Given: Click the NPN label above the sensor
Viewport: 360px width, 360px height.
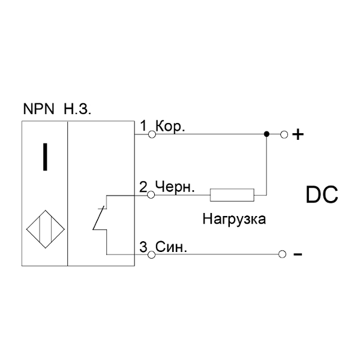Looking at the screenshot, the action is point(38,109).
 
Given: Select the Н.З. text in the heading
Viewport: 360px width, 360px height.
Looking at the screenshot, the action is point(77,109).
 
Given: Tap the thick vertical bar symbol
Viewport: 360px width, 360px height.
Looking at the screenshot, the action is point(45,157).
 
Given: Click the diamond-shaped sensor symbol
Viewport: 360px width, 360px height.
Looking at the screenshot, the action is point(45,229).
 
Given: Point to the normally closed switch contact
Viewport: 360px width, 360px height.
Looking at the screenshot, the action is point(99,218).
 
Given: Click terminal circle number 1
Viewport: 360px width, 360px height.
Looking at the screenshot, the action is point(152,134).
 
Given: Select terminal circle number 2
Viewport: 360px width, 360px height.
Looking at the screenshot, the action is point(151,195).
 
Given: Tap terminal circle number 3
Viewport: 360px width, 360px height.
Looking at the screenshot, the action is point(151,254).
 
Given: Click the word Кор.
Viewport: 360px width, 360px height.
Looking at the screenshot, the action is point(170,127).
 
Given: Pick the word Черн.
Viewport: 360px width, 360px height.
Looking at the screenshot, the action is point(175,187).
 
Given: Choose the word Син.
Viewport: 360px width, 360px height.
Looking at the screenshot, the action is point(171,247).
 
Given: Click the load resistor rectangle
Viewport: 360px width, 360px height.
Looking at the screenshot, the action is point(232,195).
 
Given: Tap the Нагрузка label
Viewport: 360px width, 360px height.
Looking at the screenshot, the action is point(234,219).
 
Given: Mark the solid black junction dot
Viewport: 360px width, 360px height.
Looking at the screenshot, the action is point(266,134).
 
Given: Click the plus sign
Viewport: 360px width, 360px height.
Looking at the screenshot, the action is point(298,134).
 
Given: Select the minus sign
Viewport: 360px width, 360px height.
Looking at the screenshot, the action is point(298,254).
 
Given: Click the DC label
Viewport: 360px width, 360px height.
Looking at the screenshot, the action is point(322,194).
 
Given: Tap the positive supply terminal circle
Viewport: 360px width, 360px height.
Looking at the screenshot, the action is point(284,134).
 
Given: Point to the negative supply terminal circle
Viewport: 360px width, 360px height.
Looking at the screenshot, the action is point(282,254).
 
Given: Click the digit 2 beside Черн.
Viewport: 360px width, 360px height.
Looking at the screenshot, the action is point(143,187).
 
